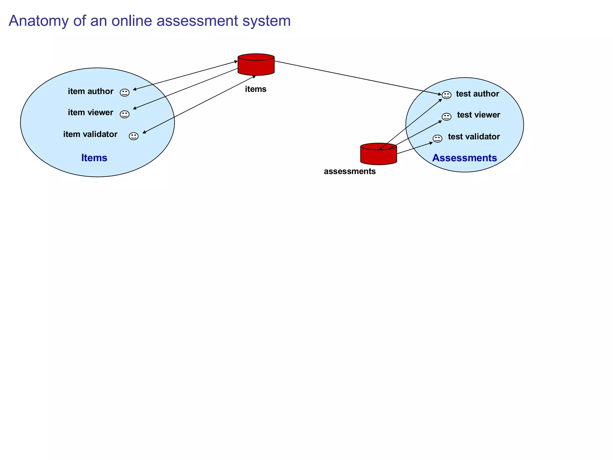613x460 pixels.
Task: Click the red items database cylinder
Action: coord(256,65)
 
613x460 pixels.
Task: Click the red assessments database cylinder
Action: coord(378,155)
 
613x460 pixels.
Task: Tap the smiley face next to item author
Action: coord(125,93)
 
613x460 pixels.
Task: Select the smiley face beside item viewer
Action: coord(125,114)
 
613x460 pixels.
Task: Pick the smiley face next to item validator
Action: coord(133,136)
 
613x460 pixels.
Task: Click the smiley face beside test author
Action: coord(446,95)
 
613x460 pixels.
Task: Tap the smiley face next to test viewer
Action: coord(446,116)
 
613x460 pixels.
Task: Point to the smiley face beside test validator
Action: coord(437,138)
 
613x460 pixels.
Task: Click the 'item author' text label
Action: coord(90,91)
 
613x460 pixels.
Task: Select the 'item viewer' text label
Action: coord(90,113)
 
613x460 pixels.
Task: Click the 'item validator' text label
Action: coord(90,134)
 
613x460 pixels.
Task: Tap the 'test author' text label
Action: coord(477,94)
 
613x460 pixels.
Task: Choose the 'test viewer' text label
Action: coord(478,115)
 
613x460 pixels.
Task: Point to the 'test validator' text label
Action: coord(474,137)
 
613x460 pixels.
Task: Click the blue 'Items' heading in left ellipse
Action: coord(94,158)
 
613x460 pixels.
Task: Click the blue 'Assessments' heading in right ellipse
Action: coord(464,158)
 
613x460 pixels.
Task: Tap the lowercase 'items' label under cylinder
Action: coord(255,89)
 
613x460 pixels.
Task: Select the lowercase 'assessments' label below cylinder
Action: coord(350,171)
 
